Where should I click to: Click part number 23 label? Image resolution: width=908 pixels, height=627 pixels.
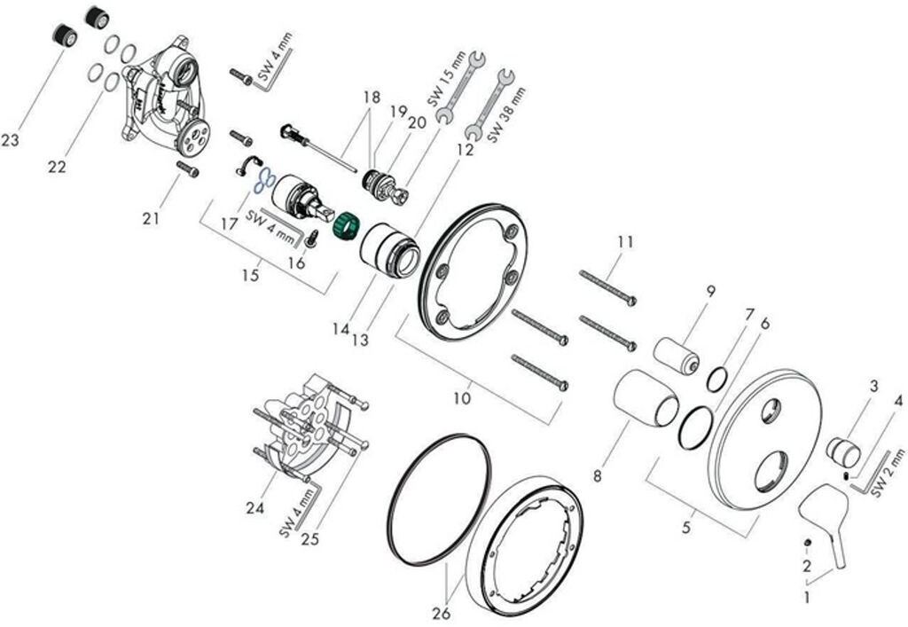click(12, 140)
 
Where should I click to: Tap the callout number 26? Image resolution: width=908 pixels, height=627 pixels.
click(441, 613)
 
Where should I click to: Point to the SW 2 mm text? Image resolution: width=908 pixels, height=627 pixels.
click(890, 474)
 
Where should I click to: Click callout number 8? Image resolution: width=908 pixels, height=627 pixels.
click(598, 477)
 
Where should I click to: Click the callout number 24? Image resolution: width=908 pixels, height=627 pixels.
click(255, 508)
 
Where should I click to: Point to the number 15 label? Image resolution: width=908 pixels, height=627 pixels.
click(251, 275)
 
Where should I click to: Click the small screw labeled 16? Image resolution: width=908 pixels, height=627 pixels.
click(312, 238)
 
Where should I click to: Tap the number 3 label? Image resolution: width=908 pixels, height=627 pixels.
click(874, 386)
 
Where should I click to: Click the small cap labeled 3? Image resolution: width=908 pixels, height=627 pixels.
click(843, 451)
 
